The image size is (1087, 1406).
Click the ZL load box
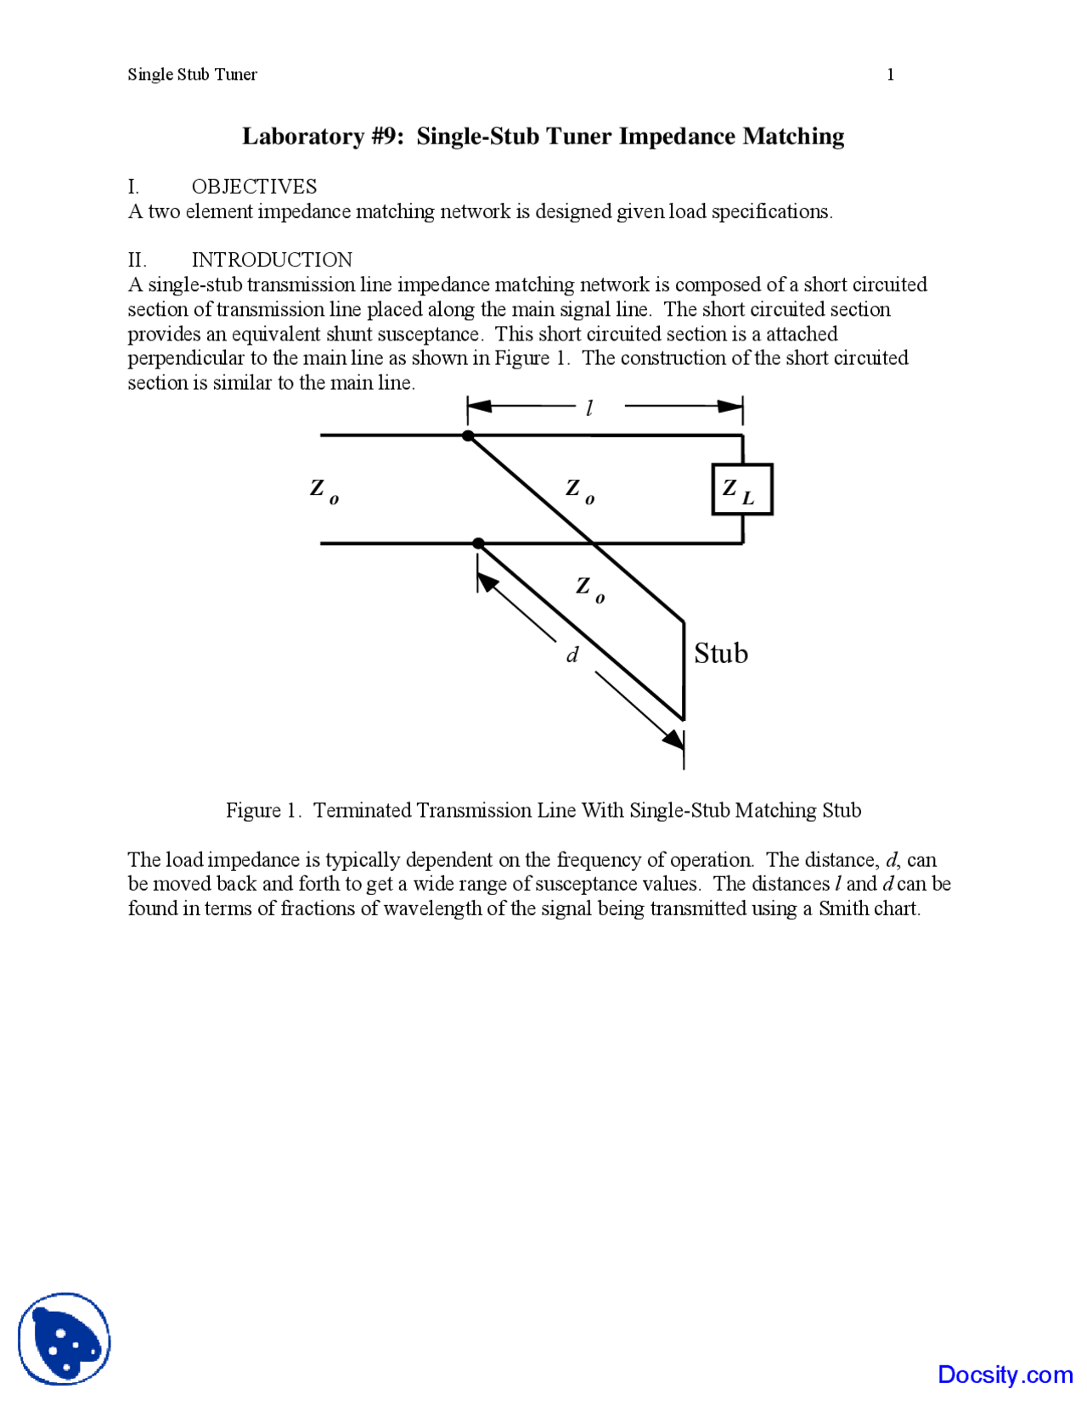tap(741, 489)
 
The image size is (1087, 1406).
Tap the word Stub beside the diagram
tap(720, 654)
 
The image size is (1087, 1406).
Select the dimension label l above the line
tap(589, 408)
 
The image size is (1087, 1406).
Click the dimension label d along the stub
tap(572, 655)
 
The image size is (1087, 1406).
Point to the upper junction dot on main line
tap(468, 436)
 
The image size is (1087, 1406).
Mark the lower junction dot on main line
tap(478, 543)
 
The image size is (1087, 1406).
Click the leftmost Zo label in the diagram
tap(324, 490)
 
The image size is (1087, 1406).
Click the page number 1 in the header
tap(890, 75)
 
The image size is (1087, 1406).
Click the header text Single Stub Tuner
tap(192, 75)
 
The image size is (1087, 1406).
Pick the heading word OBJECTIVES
tap(254, 187)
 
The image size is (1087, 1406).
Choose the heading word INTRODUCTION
tap(272, 260)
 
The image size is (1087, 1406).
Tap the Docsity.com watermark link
tap(1005, 1375)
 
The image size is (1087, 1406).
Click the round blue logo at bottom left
tap(65, 1339)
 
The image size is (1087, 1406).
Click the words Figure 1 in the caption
tap(262, 811)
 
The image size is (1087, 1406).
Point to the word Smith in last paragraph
tap(842, 909)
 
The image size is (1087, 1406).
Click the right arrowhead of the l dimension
tap(730, 407)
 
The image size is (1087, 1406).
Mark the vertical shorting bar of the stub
tap(684, 671)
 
